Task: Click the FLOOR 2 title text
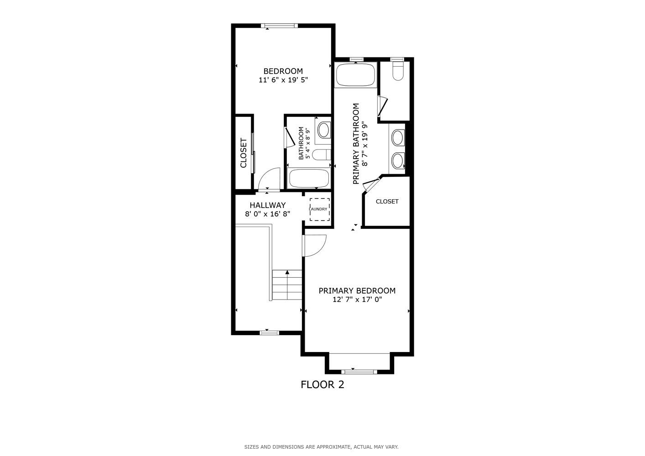pyautogui.click(x=322, y=384)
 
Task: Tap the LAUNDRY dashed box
pyautogui.click(x=319, y=209)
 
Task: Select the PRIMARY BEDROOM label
pyautogui.click(x=357, y=290)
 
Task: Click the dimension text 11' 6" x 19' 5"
pyautogui.click(x=283, y=80)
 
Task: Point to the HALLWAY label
pyautogui.click(x=267, y=205)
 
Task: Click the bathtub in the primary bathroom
pyautogui.click(x=355, y=75)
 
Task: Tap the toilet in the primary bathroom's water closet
pyautogui.click(x=398, y=72)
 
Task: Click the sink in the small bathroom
pyautogui.click(x=324, y=130)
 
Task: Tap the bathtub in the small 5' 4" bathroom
pyautogui.click(x=309, y=178)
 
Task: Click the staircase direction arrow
pyautogui.click(x=287, y=273)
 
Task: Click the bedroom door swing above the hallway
pyautogui.click(x=270, y=178)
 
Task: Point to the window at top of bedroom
pyautogui.click(x=279, y=26)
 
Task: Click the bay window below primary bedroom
pyautogui.click(x=359, y=372)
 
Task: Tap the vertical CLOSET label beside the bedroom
pyautogui.click(x=244, y=153)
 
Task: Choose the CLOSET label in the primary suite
pyautogui.click(x=387, y=201)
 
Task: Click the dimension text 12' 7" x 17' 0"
pyautogui.click(x=357, y=300)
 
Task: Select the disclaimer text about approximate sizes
pyautogui.click(x=321, y=447)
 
